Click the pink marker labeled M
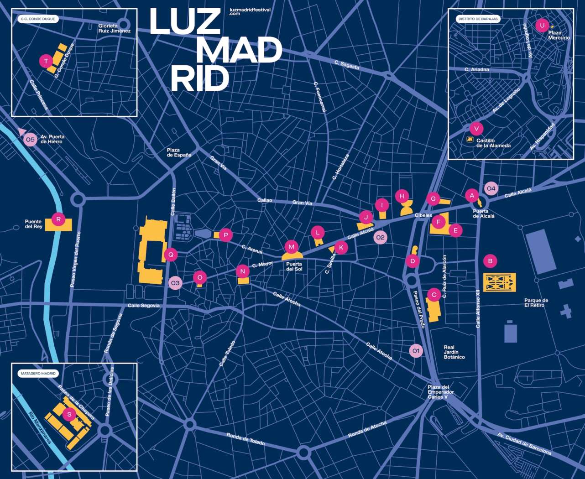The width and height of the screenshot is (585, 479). (291, 247)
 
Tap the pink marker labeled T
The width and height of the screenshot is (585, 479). (46, 61)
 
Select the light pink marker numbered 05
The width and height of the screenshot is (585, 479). (30, 140)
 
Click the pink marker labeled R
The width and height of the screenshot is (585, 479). (58, 219)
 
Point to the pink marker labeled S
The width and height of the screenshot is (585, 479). (69, 414)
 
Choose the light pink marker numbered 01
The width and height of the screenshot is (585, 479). (415, 351)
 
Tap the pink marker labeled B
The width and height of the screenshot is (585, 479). (490, 261)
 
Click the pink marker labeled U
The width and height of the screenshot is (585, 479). (542, 25)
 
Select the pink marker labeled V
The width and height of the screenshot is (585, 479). (476, 129)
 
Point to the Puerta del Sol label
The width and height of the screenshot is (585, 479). (294, 266)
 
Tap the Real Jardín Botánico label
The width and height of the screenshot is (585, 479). (454, 352)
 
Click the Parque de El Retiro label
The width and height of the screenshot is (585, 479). (536, 303)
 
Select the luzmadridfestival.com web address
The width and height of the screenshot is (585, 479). (251, 12)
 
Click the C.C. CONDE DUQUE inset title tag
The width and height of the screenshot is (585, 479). (38, 20)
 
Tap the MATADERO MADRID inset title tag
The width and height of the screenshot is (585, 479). (38, 373)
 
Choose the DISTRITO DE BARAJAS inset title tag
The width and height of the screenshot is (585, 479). (478, 19)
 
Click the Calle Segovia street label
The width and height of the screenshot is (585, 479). (144, 305)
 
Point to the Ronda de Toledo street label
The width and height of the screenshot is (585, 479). (245, 439)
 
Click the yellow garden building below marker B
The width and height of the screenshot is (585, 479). (499, 282)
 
